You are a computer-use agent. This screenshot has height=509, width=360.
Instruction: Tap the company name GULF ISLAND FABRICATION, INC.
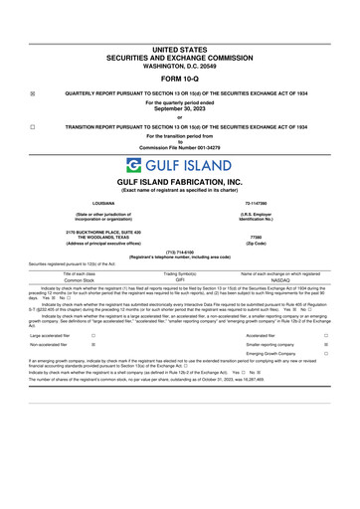(x=180, y=184)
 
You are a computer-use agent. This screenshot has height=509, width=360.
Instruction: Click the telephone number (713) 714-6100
(x=180, y=252)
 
